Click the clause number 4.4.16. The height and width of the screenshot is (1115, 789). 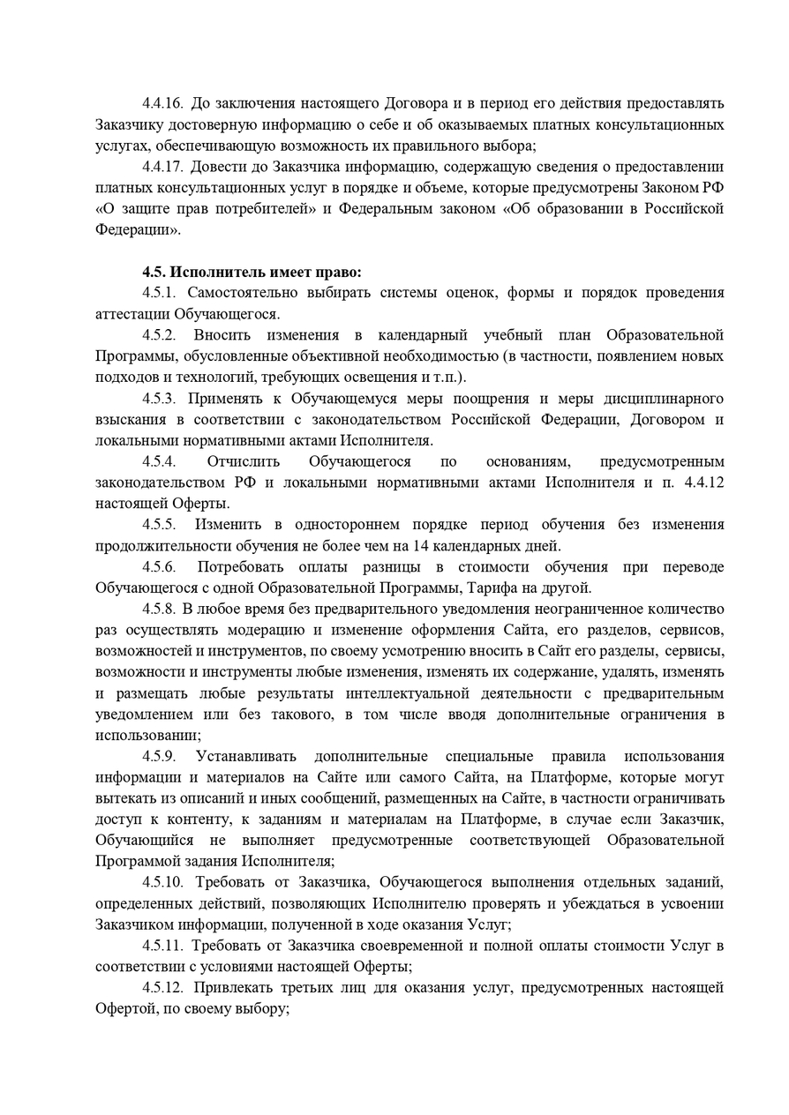pyautogui.click(x=163, y=103)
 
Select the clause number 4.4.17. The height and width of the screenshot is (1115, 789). pyautogui.click(x=163, y=167)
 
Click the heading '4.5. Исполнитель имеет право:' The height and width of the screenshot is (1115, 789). pyautogui.click(x=252, y=272)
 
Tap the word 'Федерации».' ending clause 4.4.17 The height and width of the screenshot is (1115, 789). pyautogui.click(x=137, y=230)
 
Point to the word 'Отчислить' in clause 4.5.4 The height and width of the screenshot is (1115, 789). pyautogui.click(x=244, y=461)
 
